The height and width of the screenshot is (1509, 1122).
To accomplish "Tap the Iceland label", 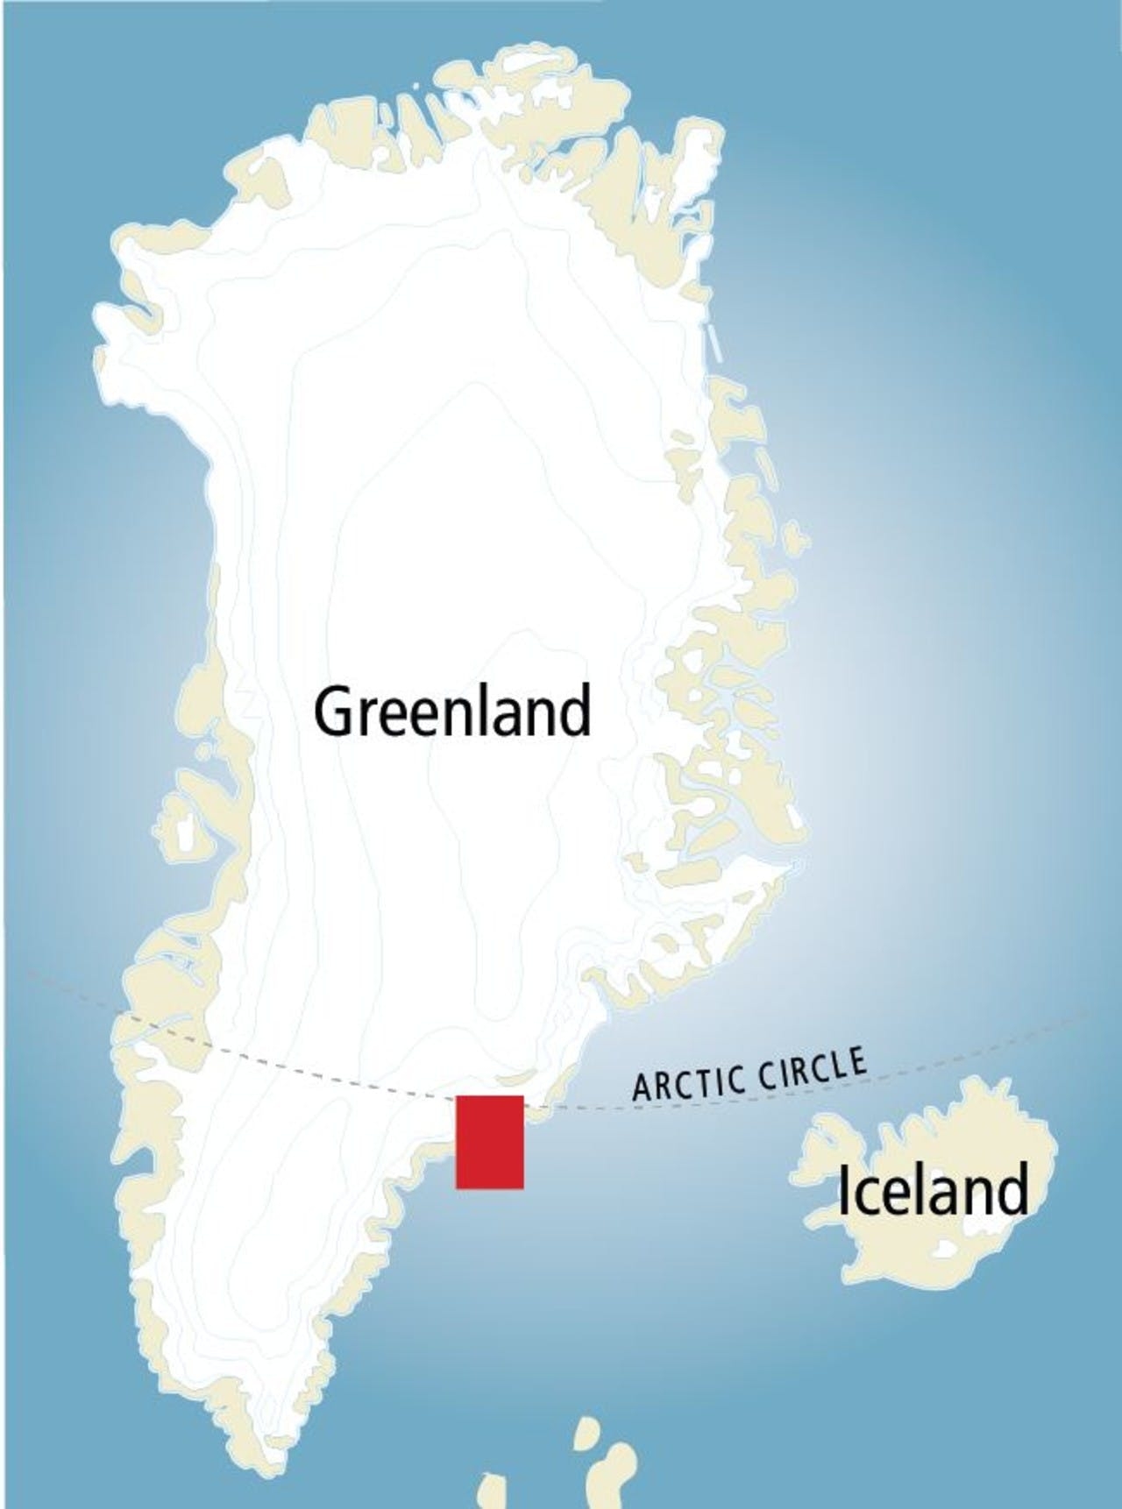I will click(933, 1191).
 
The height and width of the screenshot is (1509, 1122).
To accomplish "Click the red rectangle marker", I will click(489, 1142).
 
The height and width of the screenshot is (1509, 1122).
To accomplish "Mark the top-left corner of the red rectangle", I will click(457, 1096).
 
